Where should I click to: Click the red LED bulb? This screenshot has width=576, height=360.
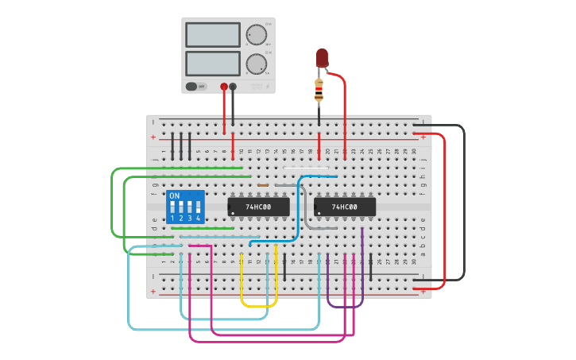(x=322, y=57)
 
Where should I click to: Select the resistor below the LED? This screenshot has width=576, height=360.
(x=319, y=91)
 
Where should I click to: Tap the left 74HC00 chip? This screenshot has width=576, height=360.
(x=258, y=207)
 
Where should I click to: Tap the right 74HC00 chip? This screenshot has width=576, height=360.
(x=344, y=207)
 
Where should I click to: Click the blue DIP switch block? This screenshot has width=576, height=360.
(x=186, y=207)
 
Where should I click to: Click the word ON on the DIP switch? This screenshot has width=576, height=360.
(x=174, y=195)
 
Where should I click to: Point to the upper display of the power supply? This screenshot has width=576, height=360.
(x=212, y=35)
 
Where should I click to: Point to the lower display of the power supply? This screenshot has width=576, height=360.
(x=212, y=64)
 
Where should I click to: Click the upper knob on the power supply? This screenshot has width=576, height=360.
(x=256, y=35)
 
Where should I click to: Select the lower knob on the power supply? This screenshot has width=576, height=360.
(x=256, y=64)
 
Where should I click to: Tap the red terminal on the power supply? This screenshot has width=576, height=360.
(x=224, y=86)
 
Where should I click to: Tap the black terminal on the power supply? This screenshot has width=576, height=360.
(x=233, y=86)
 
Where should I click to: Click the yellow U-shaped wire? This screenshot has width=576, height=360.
(x=258, y=305)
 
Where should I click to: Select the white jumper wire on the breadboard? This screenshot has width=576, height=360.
(x=305, y=168)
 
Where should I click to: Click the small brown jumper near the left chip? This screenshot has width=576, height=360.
(x=263, y=185)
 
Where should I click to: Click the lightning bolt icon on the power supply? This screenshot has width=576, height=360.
(x=269, y=86)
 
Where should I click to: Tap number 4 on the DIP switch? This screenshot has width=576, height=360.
(x=198, y=218)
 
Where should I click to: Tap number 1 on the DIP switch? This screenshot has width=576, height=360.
(x=172, y=218)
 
